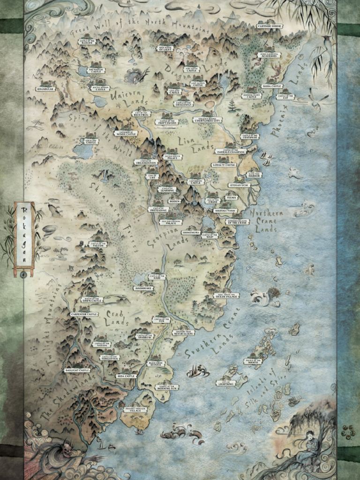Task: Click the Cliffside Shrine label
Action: pos(270,26)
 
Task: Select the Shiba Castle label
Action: pos(271,86)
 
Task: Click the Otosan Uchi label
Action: pos(239,185)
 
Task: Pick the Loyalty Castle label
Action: pos(224,165)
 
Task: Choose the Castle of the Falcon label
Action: pos(98,244)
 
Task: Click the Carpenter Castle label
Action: pos(84,314)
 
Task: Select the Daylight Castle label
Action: pos(77,370)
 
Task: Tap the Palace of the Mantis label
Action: pos(253,361)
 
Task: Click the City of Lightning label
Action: pos(225,383)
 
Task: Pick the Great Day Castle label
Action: pos(90,141)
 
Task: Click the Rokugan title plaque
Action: pos(24,238)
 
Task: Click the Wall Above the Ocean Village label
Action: pos(226,296)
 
